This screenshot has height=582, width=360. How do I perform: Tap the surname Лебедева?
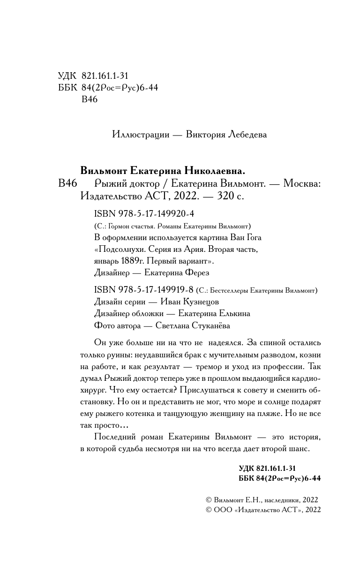tap(247, 135)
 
